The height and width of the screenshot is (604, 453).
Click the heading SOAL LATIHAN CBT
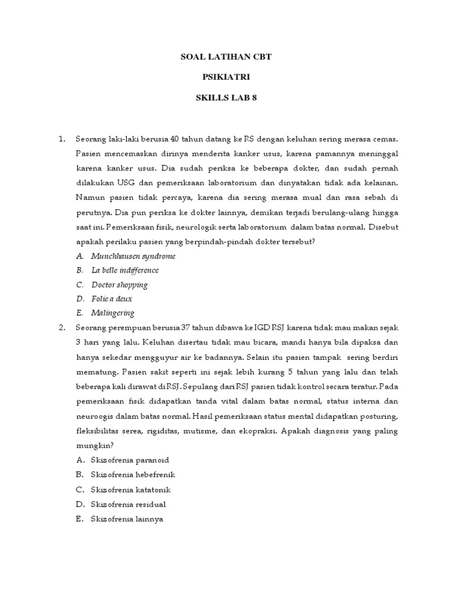(226, 57)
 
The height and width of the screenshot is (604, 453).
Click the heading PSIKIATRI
(226, 77)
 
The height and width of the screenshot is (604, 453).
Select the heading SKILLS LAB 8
(226, 97)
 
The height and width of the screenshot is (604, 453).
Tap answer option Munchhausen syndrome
(133, 257)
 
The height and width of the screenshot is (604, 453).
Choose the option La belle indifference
(125, 271)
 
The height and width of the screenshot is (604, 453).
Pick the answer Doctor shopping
(120, 285)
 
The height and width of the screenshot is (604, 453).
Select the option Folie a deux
(111, 299)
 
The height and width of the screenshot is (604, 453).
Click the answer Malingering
(113, 313)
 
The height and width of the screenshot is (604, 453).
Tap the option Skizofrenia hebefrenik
(133, 475)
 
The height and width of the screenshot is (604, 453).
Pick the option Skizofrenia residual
(128, 504)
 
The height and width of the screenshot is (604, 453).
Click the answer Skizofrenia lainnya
(127, 519)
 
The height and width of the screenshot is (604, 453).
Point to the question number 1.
(61, 139)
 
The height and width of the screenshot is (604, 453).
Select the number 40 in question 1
(174, 139)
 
